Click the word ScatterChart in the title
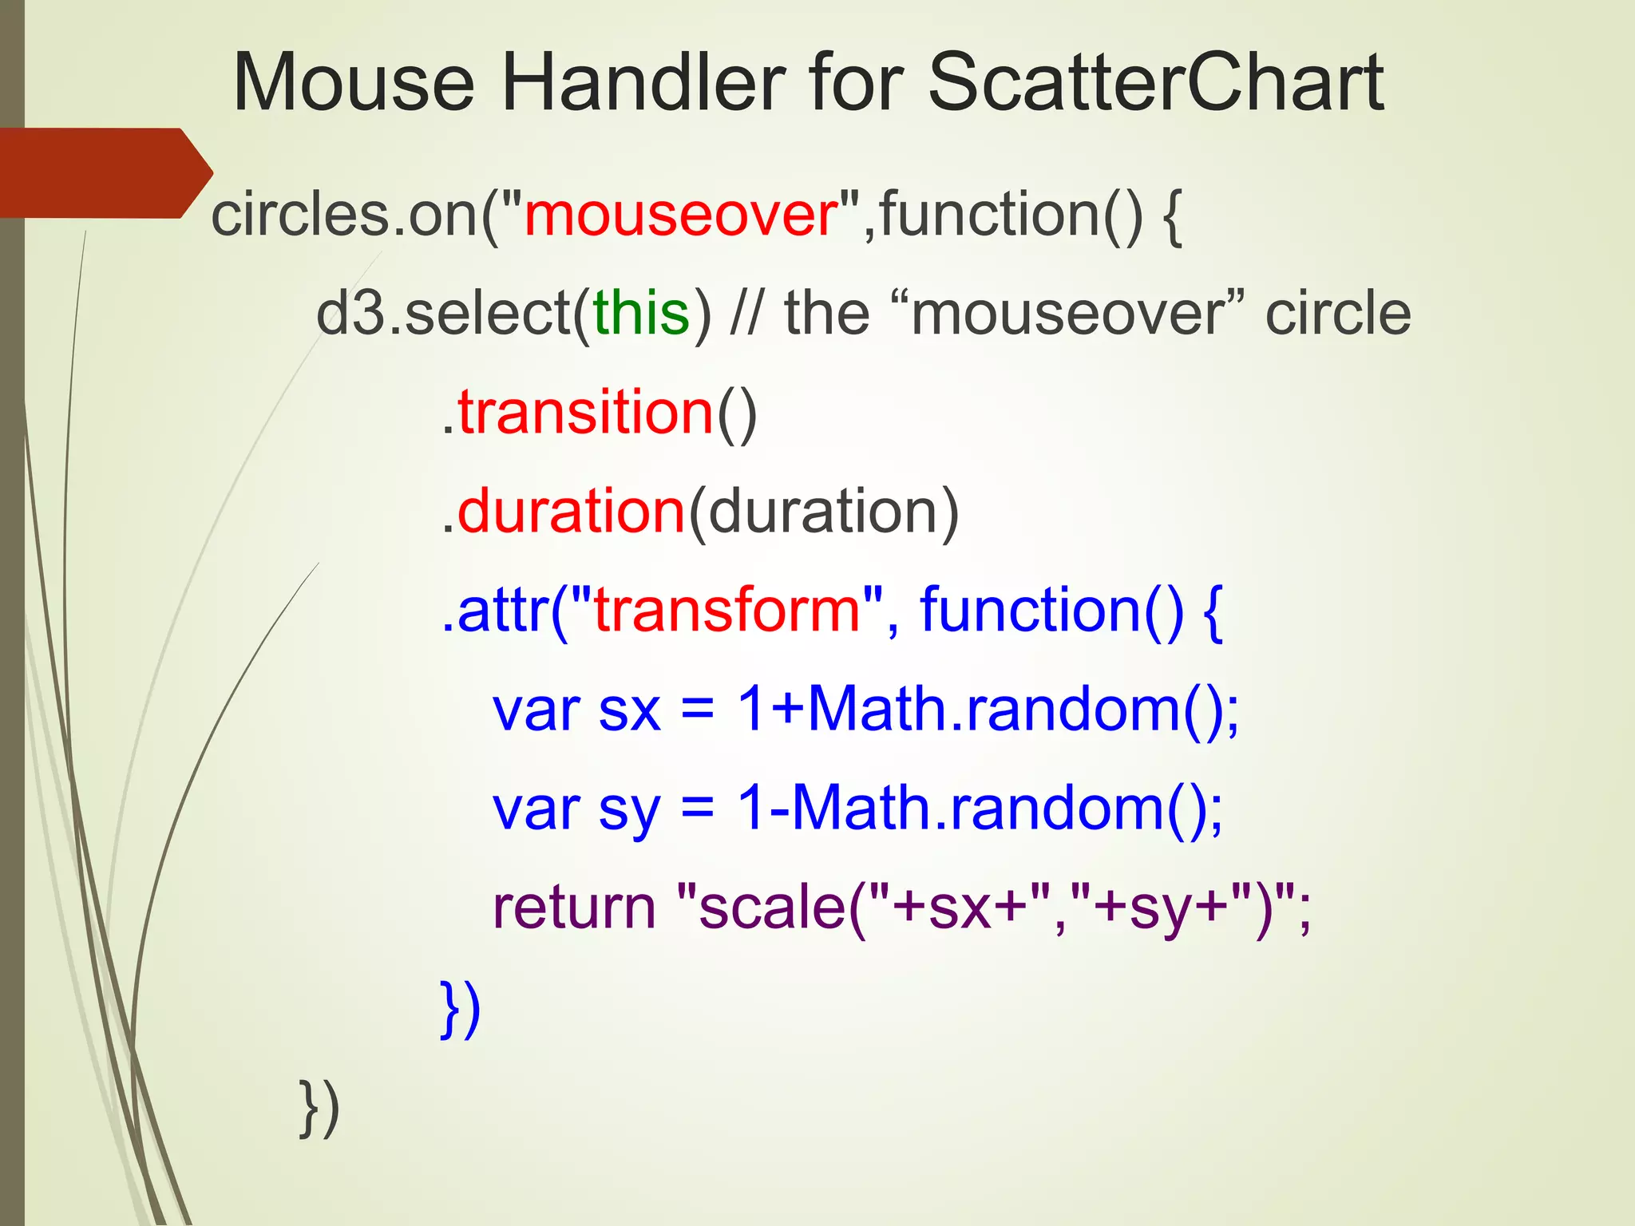click(1155, 83)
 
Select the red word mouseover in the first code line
click(681, 216)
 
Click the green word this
click(641, 313)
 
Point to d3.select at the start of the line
click(441, 313)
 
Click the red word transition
click(585, 413)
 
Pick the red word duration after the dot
click(571, 512)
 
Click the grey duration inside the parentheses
click(822, 512)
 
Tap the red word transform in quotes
click(727, 611)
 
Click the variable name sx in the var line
click(629, 710)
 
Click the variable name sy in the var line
click(629, 810)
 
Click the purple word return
click(574, 908)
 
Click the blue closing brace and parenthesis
click(461, 1010)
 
